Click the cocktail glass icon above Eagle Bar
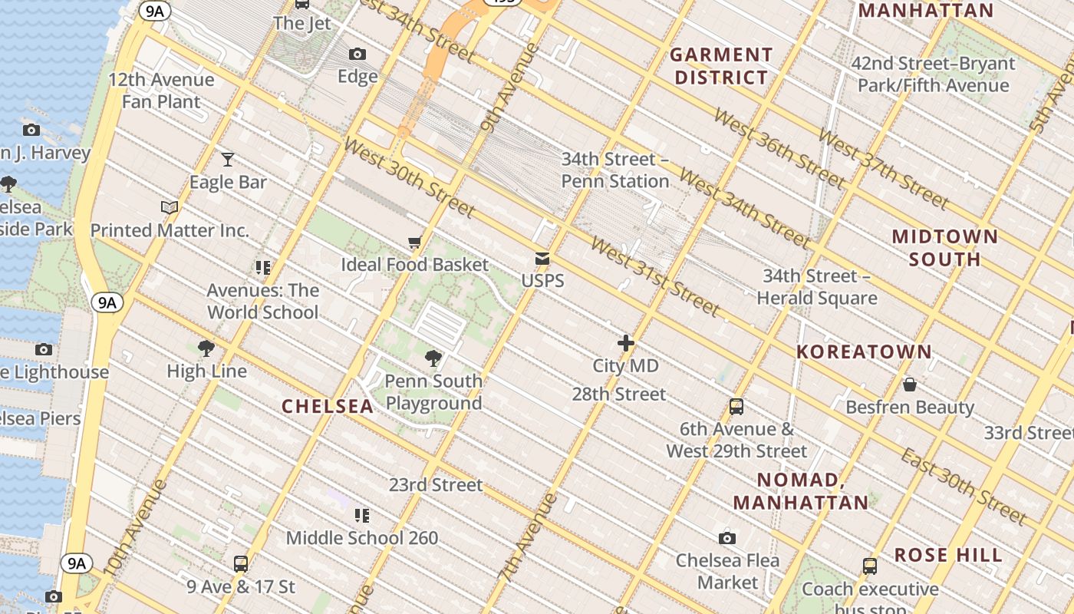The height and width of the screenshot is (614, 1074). point(227,160)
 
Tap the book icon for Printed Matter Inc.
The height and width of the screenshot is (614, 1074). point(170,207)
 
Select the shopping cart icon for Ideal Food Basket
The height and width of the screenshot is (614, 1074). point(414,243)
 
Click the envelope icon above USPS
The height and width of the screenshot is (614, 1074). point(542,259)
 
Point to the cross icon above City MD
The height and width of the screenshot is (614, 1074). point(626,343)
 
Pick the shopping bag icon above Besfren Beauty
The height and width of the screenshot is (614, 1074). point(910,385)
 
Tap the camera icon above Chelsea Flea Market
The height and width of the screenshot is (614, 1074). point(727,538)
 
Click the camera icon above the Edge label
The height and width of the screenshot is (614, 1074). point(357,54)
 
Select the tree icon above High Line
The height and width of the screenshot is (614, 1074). point(206,348)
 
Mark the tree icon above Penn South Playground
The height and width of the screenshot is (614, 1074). point(433,358)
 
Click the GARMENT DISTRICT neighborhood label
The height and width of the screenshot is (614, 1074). point(721,66)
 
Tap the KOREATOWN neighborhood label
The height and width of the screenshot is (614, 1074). point(864,352)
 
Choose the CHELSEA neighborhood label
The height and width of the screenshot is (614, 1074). point(328,407)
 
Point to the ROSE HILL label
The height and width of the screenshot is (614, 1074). point(948,555)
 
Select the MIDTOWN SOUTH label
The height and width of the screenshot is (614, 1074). point(945,247)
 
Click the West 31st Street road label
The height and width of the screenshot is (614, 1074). point(655,276)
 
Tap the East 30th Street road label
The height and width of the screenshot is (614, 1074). point(964,487)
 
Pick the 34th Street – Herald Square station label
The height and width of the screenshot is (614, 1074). point(817,287)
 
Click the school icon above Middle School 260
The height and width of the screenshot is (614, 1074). point(362,515)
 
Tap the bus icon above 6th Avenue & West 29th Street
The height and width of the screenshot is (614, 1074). point(736,407)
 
